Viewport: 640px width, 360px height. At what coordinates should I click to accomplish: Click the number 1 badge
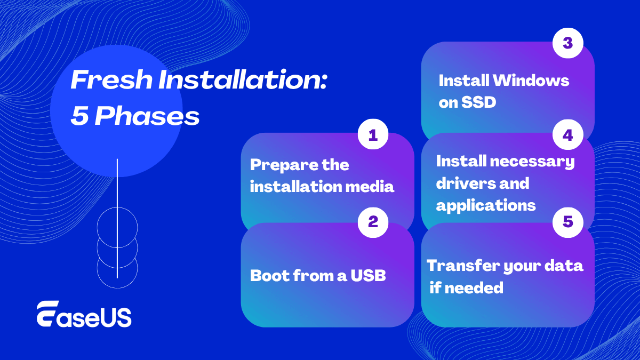tap(373, 134)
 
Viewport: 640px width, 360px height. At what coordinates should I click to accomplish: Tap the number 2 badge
tap(373, 222)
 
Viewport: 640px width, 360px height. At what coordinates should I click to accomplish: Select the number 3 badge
tap(567, 43)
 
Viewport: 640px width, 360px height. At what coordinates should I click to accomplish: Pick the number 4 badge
tap(567, 134)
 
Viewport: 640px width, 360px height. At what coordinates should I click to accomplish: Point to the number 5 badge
tap(567, 222)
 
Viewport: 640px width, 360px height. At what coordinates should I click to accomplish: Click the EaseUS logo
tap(84, 314)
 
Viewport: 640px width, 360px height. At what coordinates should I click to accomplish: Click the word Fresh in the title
tap(111, 79)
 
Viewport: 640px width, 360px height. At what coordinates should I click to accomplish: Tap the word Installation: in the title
tap(243, 79)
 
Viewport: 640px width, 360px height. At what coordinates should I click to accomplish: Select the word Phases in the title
tap(147, 116)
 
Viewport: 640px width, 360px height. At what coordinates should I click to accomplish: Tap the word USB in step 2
tap(369, 275)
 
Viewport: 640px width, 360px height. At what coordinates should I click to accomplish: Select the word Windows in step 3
tap(531, 81)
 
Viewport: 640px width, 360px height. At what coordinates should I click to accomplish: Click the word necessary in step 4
tap(532, 162)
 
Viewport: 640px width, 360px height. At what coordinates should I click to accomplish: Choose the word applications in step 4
tap(486, 206)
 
